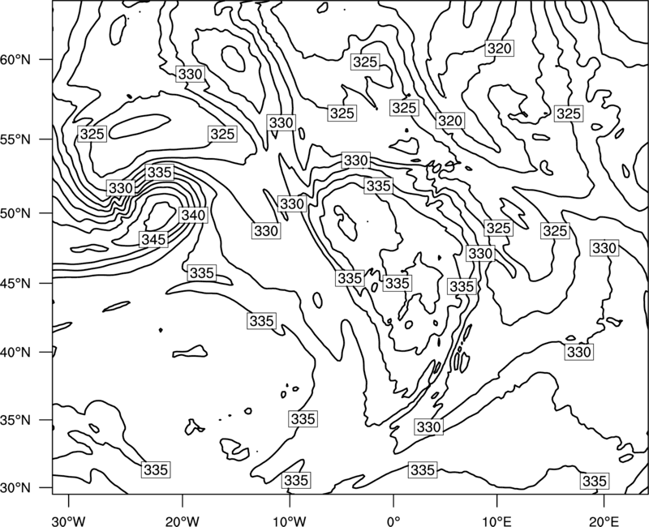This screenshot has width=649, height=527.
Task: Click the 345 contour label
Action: (x=153, y=239)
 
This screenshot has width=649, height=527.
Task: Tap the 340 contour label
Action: (x=193, y=215)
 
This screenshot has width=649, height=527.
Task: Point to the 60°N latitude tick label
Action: (x=15, y=60)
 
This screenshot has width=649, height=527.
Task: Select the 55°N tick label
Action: (x=15, y=139)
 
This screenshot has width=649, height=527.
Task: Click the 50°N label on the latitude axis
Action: (x=15, y=213)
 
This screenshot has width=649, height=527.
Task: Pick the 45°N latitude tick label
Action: (x=15, y=283)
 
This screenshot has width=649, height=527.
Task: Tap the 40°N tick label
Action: (x=15, y=353)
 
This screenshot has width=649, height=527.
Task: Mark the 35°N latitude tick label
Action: (x=15, y=420)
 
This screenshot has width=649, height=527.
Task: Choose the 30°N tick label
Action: (x=15, y=488)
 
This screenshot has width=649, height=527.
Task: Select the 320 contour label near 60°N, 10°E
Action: (x=500, y=49)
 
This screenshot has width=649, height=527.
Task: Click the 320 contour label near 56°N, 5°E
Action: (x=450, y=121)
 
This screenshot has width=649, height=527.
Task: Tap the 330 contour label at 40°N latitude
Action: (x=579, y=352)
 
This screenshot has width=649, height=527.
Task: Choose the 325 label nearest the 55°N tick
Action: (x=92, y=134)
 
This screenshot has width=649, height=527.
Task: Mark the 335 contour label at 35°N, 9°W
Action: (x=303, y=419)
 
